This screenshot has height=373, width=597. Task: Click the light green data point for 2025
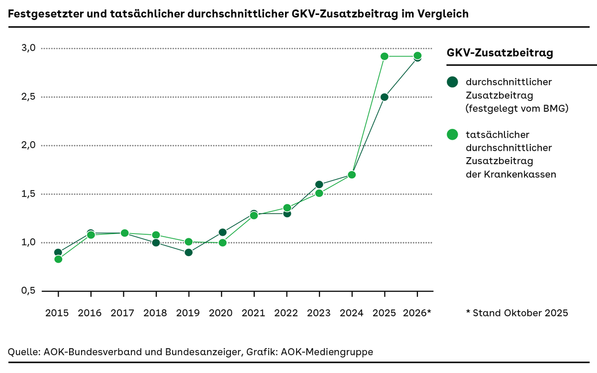[385, 56]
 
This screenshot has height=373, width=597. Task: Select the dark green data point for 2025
[385, 97]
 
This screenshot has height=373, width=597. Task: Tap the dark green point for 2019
[189, 252]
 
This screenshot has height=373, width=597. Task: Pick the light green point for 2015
[58, 259]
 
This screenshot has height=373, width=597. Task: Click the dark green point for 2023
[319, 185]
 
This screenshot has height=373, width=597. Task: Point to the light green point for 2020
[223, 243]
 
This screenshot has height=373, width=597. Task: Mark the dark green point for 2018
[156, 243]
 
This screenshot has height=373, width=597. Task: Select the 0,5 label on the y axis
[28, 291]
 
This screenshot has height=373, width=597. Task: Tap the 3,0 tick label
[28, 48]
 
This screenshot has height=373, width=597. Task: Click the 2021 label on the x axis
[254, 313]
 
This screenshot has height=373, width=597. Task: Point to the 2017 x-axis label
[123, 313]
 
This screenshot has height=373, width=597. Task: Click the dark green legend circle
[452, 82]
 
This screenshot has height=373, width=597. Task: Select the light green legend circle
[452, 134]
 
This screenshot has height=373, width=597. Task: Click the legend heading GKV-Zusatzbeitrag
[500, 53]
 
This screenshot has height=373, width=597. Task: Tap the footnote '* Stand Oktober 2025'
[517, 313]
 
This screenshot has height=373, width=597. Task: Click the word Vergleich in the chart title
[444, 14]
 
